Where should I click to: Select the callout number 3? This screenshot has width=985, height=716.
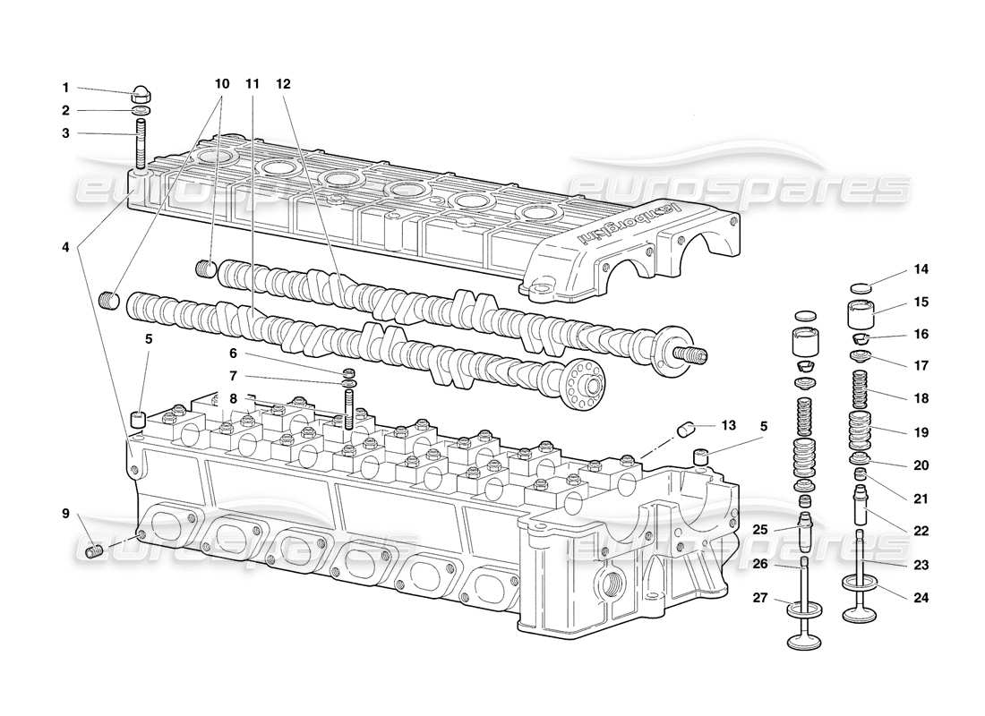[x=64, y=133]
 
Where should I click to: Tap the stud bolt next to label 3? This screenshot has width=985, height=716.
[x=141, y=147]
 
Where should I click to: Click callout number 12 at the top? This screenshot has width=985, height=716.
[x=283, y=83]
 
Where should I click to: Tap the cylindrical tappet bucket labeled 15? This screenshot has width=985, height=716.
[x=861, y=317]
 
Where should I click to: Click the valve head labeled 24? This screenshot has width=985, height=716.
[x=861, y=614]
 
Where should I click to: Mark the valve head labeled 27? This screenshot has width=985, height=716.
[x=805, y=637]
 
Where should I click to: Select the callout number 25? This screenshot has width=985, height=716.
[x=759, y=530]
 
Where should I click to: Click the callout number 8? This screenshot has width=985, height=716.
[x=232, y=398]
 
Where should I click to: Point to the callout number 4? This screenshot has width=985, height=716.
[x=64, y=246]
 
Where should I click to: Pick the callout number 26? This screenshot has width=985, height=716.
[x=759, y=564]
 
